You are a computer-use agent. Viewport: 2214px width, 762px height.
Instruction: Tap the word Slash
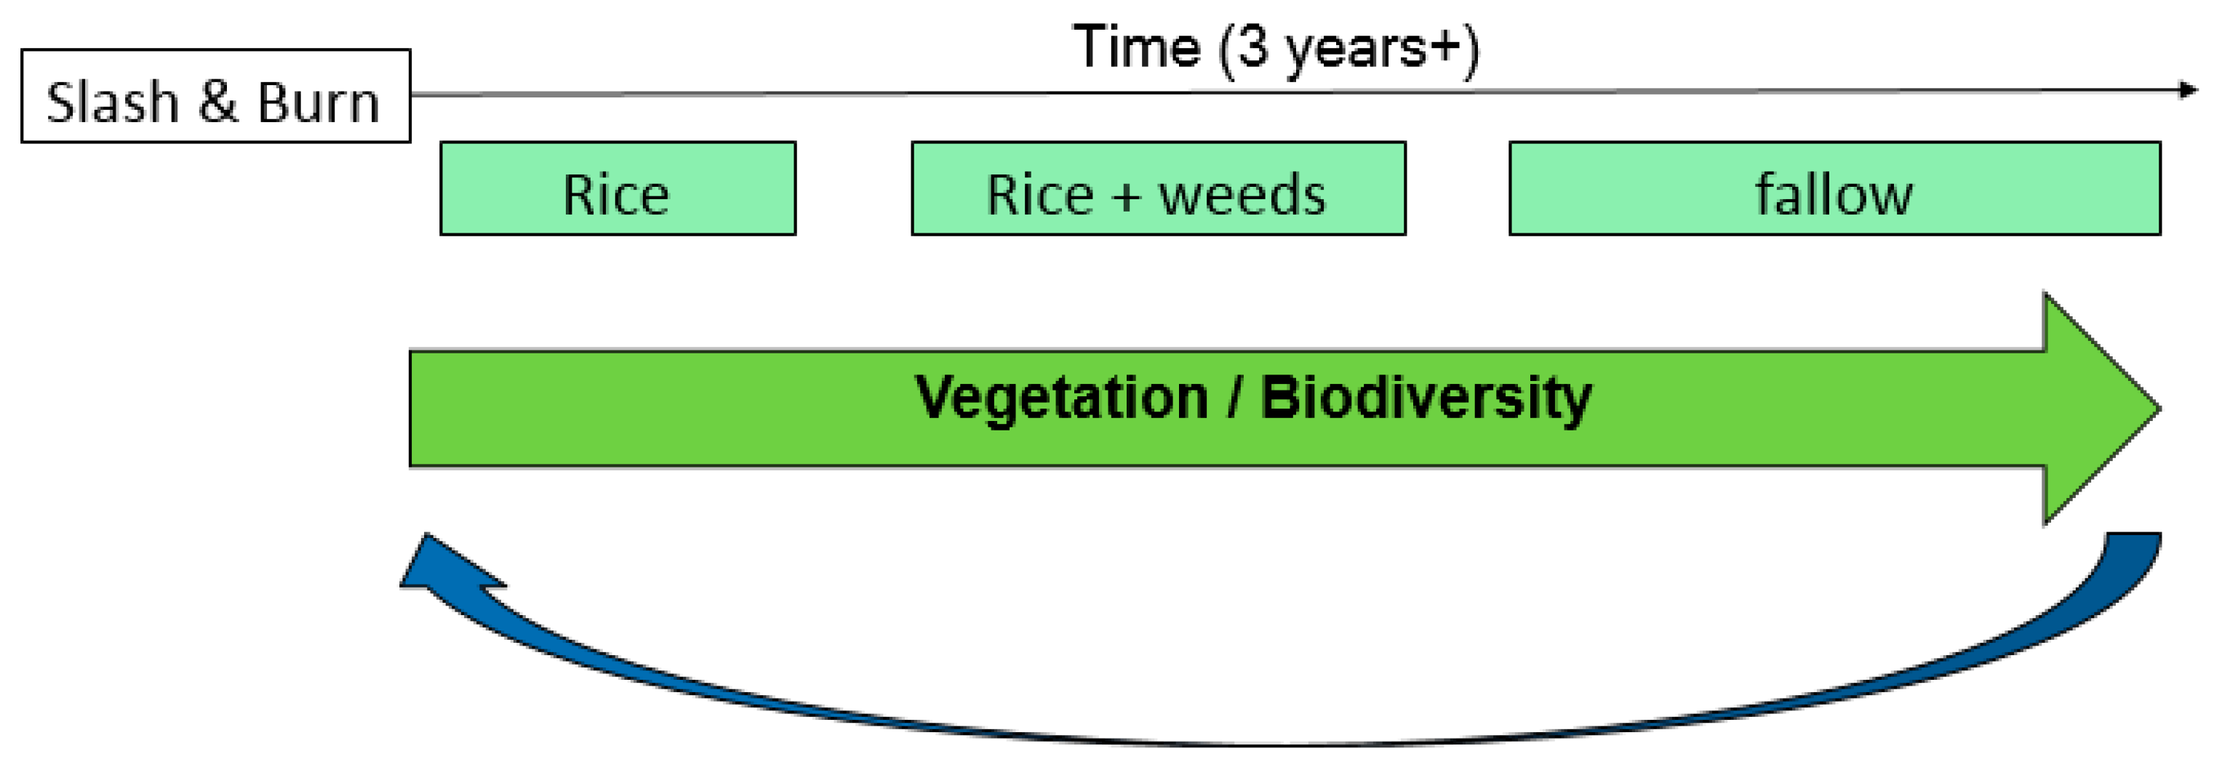click(x=112, y=103)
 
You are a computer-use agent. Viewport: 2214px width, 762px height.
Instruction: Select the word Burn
click(x=318, y=103)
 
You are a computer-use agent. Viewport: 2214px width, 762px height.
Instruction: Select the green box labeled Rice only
click(x=617, y=188)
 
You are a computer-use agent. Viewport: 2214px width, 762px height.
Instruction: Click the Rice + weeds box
click(x=1158, y=188)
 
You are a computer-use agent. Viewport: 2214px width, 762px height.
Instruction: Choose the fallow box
click(x=1834, y=188)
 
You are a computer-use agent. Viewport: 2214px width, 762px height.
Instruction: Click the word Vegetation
click(x=1060, y=398)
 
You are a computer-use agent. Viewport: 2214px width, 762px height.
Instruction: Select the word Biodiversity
click(x=1425, y=398)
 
